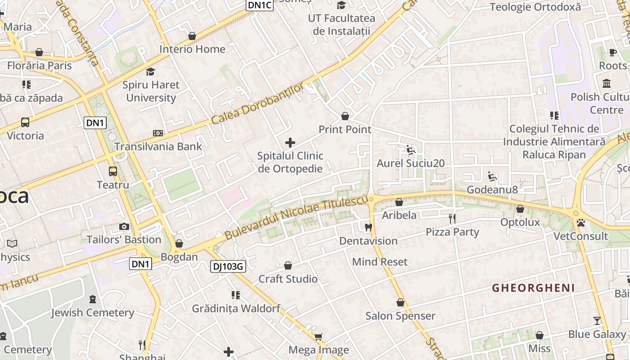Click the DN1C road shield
(260, 5)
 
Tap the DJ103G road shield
(228, 266)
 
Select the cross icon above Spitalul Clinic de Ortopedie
(290, 143)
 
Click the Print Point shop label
(345, 130)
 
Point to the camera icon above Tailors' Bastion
(124, 227)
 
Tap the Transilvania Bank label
(158, 146)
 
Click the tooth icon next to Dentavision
(369, 228)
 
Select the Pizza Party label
(452, 232)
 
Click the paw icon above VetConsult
(581, 223)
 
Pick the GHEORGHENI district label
(533, 288)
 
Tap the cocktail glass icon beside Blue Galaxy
(597, 321)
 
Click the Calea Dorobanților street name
(257, 104)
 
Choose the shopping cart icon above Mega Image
(319, 337)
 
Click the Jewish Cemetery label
(92, 313)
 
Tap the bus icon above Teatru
(112, 171)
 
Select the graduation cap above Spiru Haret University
(150, 72)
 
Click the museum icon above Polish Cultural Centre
(606, 84)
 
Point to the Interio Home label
(192, 49)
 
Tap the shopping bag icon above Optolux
(520, 209)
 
